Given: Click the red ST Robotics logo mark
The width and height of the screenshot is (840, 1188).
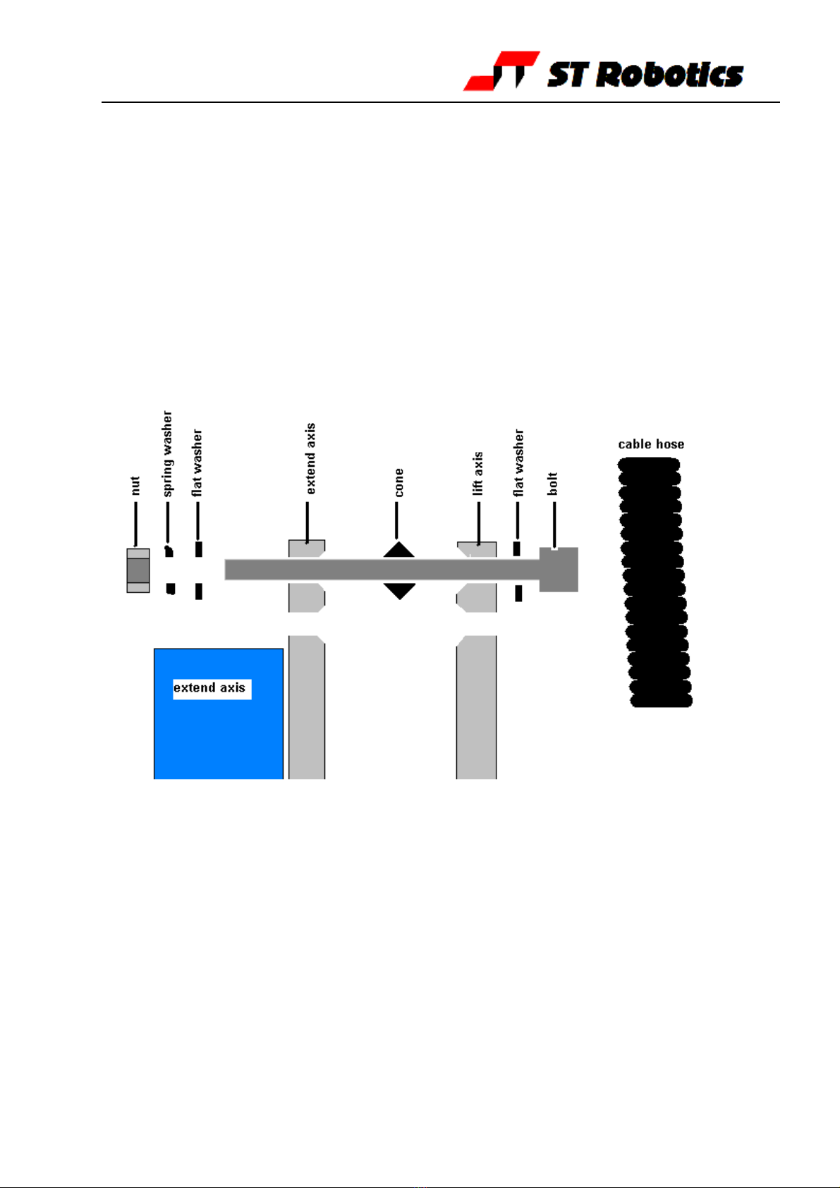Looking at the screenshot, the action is coord(501,71).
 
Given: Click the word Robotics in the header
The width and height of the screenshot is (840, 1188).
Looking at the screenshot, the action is coord(669,74).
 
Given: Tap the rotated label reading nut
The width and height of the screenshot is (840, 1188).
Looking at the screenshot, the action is coord(135,486).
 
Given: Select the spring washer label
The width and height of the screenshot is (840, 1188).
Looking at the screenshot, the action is coord(168,454).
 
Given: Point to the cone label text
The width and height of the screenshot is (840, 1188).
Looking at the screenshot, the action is coord(398,483).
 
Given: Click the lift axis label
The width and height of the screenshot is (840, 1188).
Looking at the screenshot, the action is coord(477,474).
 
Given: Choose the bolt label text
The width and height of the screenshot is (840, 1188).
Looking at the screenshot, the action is coord(552,484).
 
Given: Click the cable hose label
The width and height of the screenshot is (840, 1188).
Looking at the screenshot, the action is coord(651,444).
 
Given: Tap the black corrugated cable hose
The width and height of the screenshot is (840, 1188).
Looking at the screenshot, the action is coord(655,582).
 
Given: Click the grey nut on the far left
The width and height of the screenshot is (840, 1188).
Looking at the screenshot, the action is coord(138,570).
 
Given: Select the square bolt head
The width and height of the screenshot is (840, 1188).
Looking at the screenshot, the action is coord(559,570).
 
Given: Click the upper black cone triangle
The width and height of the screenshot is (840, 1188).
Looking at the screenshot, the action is coord(399,549).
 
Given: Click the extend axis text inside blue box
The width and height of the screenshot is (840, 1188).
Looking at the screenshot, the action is coord(209,687).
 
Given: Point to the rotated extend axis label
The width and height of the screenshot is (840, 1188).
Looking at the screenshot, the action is coord(310,459).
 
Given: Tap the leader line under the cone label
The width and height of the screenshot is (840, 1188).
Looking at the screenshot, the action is coord(396,520).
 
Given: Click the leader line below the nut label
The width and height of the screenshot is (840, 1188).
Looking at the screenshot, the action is coord(136,524).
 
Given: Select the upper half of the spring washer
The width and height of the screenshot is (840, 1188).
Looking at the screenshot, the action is coord(169,551).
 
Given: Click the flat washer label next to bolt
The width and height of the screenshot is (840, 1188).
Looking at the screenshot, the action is coord(518,463).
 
